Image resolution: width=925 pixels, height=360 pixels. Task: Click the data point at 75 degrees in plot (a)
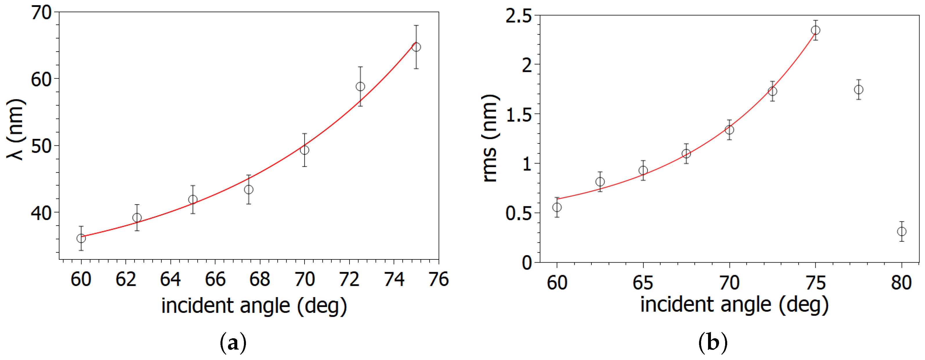pos(416,47)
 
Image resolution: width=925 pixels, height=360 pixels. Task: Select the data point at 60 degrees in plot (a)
pos(81,238)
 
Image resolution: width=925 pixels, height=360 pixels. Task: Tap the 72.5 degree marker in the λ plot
pos(360,86)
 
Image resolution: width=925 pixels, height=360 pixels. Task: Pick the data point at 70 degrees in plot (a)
pos(305,150)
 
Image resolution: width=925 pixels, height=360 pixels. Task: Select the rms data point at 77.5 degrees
pos(859,89)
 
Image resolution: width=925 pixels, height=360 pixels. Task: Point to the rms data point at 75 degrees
pos(815,30)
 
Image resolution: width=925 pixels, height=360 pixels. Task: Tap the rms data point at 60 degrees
pos(557,207)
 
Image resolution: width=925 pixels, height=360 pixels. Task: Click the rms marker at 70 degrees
pos(729,130)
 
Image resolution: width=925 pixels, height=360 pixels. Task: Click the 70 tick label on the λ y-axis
pos(42,13)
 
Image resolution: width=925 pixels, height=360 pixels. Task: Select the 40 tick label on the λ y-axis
pos(42,213)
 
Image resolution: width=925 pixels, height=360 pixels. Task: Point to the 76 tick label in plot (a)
pos(439,279)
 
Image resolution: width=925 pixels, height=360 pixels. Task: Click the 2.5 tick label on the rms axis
pos(519,16)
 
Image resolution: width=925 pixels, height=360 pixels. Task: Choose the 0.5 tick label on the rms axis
pos(519,214)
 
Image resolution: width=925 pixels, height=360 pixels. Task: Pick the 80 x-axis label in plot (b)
pos(901,283)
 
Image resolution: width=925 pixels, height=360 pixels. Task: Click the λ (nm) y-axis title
pos(16,129)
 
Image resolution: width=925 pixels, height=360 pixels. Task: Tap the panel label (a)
pos(233,343)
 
